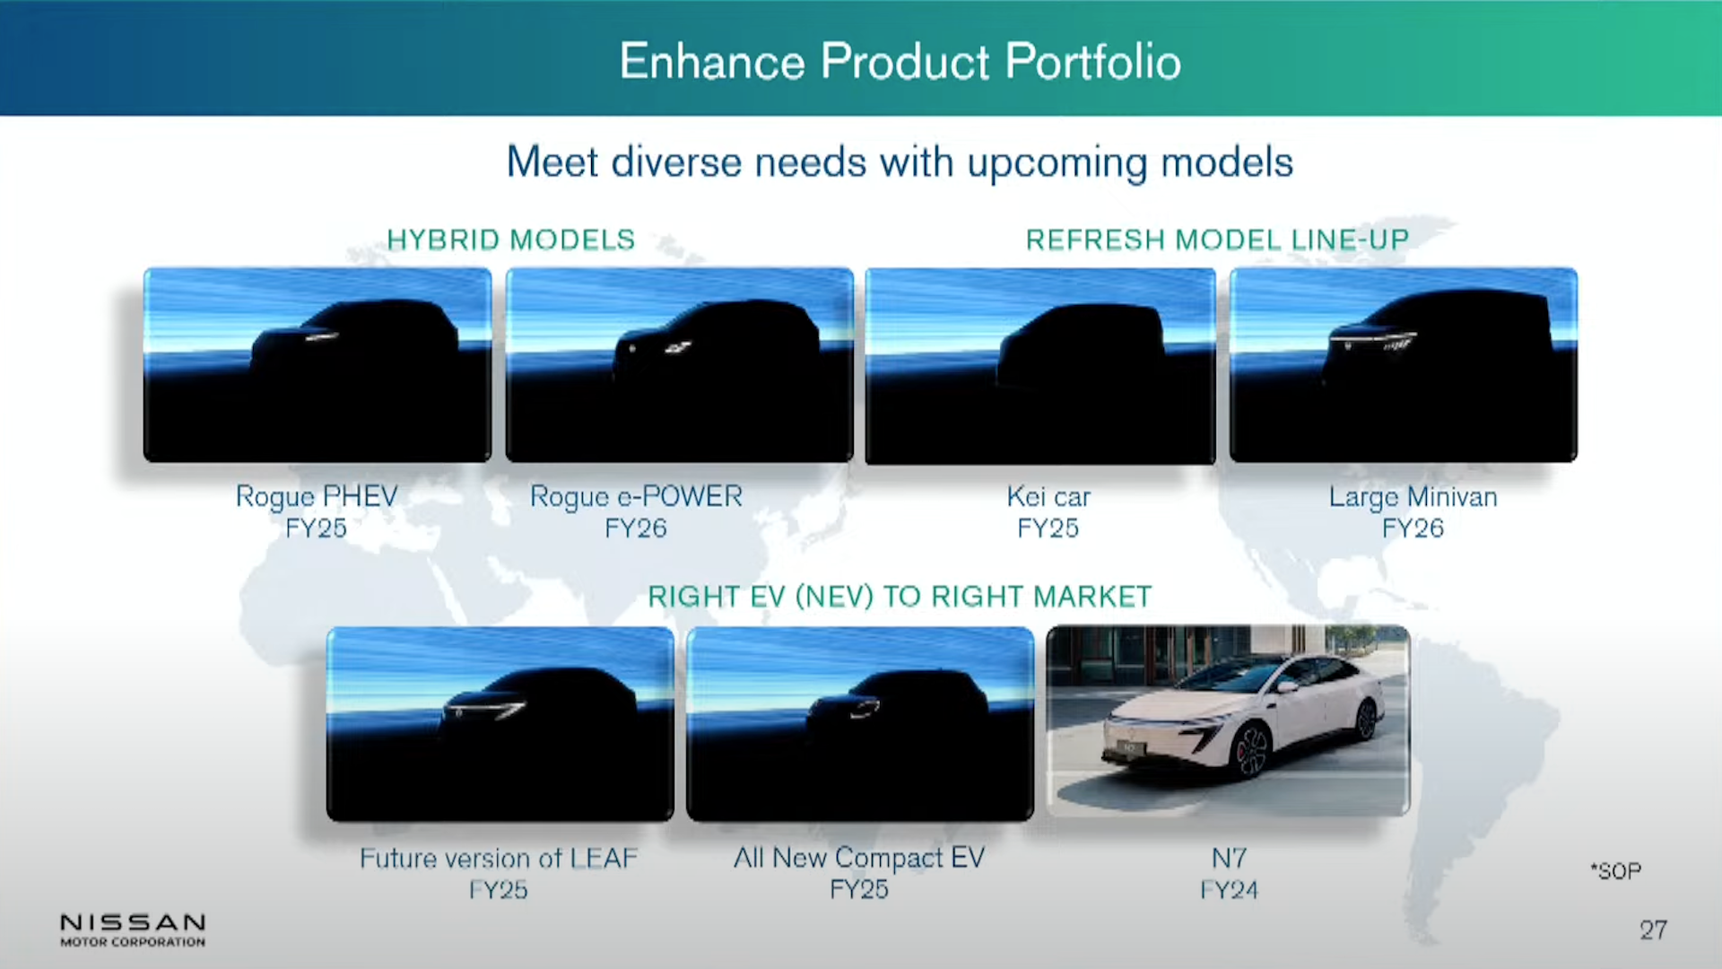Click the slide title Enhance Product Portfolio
(x=900, y=62)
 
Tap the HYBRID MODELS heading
(x=510, y=240)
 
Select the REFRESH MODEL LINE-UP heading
(x=1217, y=240)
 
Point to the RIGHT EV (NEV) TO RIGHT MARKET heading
(x=899, y=597)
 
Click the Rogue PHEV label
(x=316, y=496)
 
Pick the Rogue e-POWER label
(x=636, y=496)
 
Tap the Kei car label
(x=1048, y=496)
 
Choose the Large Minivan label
(x=1413, y=496)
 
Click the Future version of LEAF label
(x=499, y=859)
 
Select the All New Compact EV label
(x=859, y=858)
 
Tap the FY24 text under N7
(x=1229, y=890)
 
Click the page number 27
(x=1653, y=930)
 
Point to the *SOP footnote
(x=1616, y=871)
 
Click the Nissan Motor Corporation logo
(x=133, y=930)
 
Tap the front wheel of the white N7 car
(x=1251, y=751)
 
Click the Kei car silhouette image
(x=1040, y=365)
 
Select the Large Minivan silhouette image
(x=1404, y=365)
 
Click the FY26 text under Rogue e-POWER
(x=636, y=528)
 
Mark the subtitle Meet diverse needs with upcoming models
(x=900, y=162)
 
